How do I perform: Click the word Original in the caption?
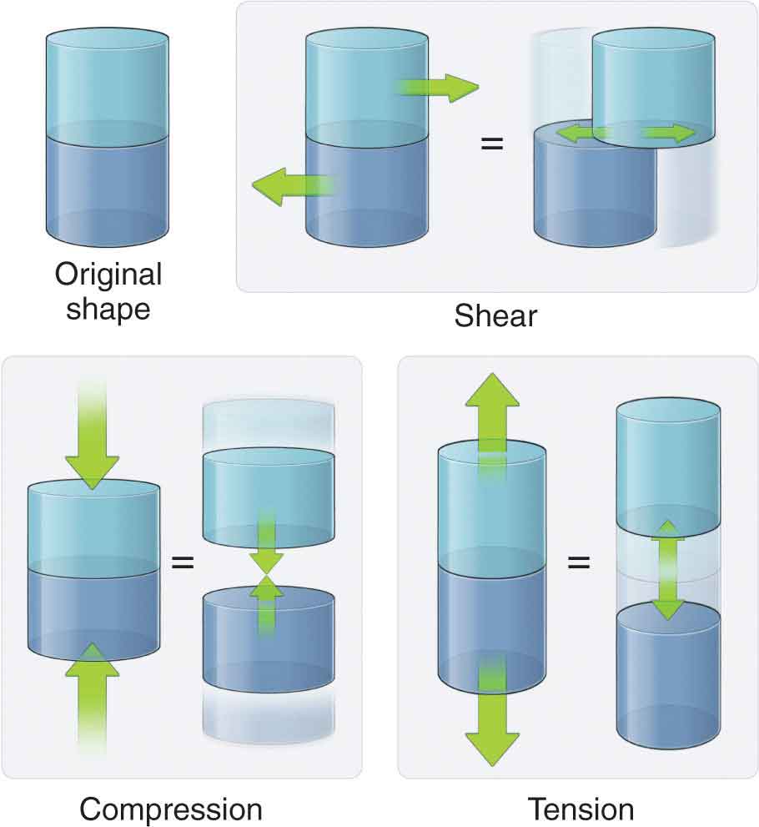point(108,275)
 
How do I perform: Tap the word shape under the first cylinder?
point(108,309)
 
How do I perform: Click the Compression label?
point(171,809)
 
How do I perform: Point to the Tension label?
point(581,809)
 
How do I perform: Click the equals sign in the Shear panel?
point(492,144)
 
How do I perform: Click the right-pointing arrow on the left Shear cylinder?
point(437,88)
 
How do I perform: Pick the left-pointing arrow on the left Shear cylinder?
point(292,185)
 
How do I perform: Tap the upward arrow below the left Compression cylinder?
point(92,693)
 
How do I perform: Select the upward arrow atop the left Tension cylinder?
point(492,417)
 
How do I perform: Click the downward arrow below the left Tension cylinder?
point(492,718)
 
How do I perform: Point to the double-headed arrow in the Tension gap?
point(666,570)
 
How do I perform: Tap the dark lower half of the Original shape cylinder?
point(108,188)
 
